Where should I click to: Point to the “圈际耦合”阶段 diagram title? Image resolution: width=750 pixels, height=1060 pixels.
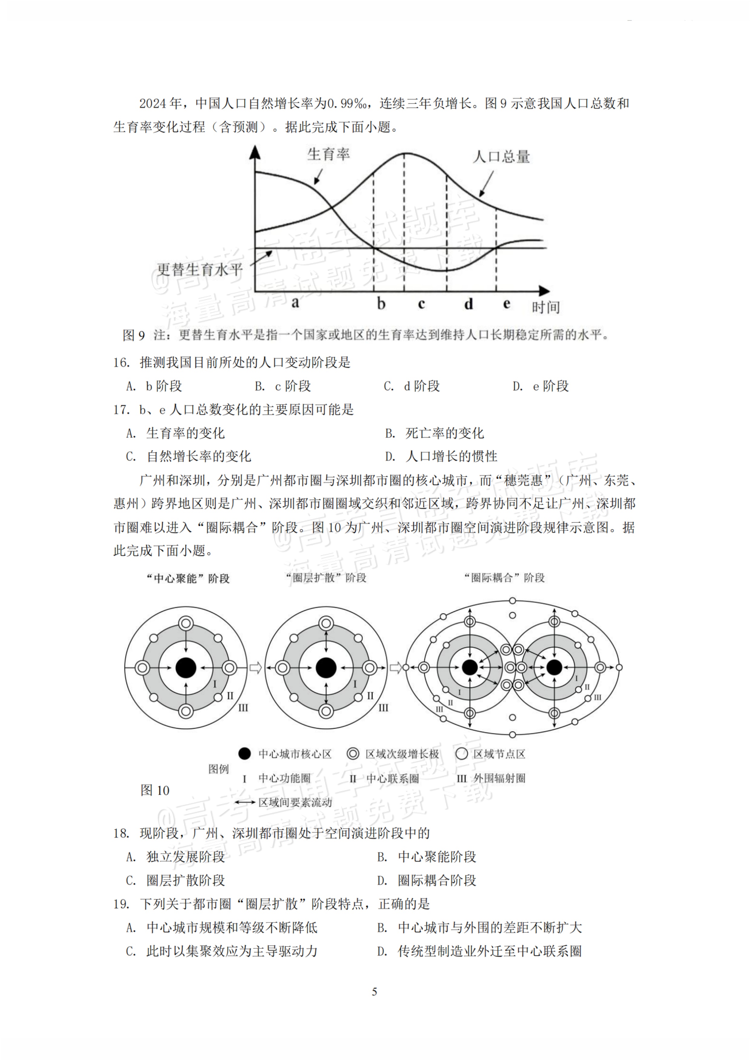504,578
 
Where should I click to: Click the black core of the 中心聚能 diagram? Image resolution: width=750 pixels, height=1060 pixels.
186,668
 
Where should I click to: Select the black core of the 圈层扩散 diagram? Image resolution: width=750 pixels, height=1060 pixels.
326,668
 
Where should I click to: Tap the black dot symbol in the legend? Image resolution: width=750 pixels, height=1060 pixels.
244,754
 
